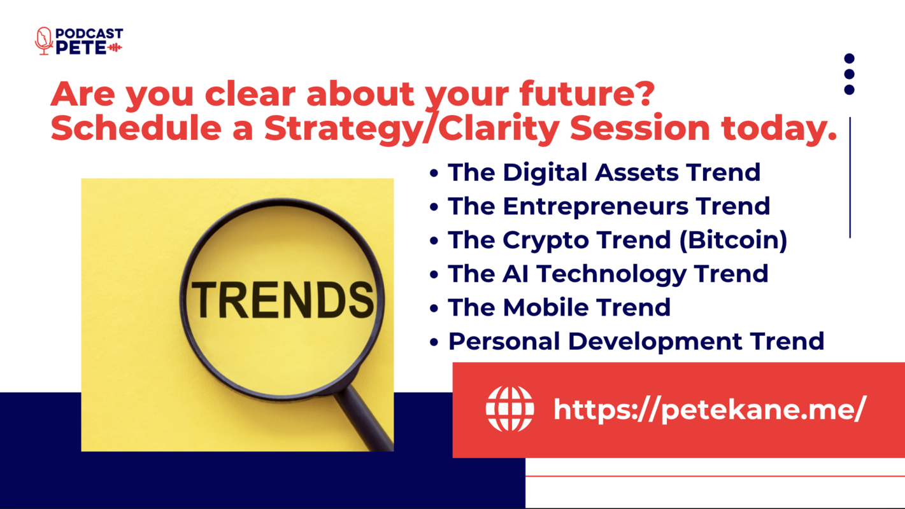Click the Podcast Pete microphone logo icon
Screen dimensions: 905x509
coord(44,41)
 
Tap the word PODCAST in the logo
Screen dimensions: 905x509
coord(89,33)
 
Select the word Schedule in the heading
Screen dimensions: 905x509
coord(136,128)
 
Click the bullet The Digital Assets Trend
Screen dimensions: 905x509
coord(595,173)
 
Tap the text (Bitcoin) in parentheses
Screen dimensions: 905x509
coord(733,241)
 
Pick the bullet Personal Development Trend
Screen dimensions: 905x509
coord(627,342)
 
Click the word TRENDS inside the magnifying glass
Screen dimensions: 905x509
coord(282,300)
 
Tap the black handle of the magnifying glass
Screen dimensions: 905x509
coord(366,419)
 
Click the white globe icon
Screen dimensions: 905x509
coord(510,409)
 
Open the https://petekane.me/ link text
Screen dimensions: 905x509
coord(710,410)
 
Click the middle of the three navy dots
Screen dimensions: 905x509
coord(849,74)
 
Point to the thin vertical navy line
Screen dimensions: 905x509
coord(850,178)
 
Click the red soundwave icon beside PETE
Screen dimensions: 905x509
coord(115,48)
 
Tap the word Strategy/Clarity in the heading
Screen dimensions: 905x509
coord(412,128)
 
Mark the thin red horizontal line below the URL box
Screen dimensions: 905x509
coord(715,477)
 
